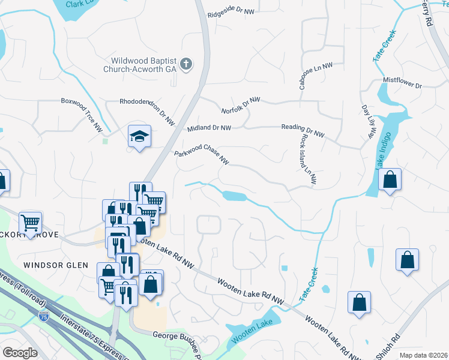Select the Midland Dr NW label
209,128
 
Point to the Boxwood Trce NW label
82,113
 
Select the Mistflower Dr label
403,83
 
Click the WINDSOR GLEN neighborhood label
55,265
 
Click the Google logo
20,353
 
